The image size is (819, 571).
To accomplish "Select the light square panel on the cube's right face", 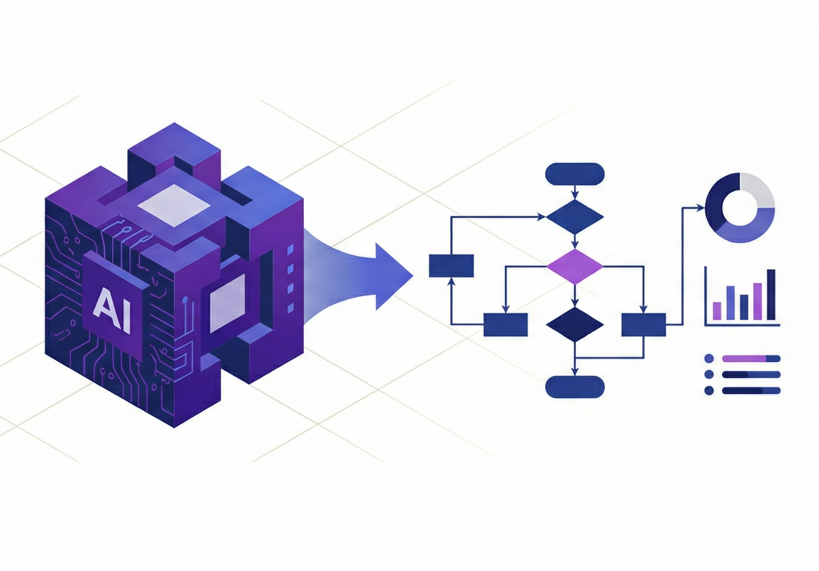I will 227,302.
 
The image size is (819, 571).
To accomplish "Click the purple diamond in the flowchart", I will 574,267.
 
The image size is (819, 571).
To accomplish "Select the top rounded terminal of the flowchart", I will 575,174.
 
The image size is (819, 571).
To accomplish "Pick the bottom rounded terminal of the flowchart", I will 575,387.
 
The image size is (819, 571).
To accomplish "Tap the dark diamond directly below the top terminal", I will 574,217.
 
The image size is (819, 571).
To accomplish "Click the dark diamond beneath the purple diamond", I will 574,324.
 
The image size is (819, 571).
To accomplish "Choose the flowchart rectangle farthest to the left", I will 451,266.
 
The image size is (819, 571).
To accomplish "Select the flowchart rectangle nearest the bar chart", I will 644,325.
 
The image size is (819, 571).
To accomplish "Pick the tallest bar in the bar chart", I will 771,294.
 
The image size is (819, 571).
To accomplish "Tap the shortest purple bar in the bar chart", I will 717,311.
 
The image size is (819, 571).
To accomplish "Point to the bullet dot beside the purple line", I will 709,358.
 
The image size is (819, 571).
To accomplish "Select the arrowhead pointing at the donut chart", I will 700,208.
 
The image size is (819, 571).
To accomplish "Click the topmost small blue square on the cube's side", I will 290,250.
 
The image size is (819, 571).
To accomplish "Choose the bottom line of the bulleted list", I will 751,390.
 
